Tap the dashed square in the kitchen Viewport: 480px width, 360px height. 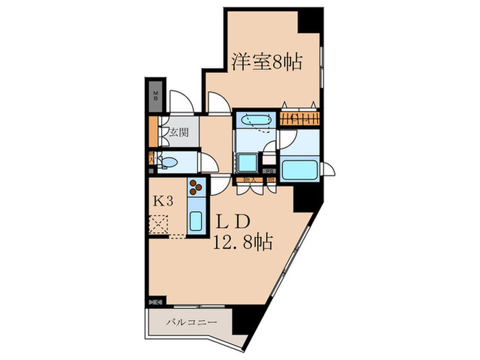160,224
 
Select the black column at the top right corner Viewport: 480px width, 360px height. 309,19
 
